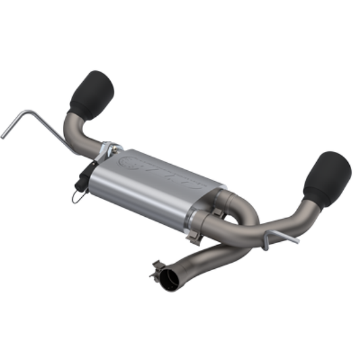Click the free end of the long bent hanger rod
pyautogui.click(x=3, y=135)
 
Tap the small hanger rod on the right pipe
pyautogui.click(x=269, y=238)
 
